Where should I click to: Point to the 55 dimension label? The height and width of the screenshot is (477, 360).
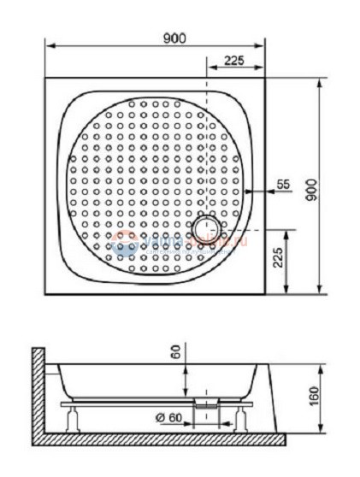click(284, 184)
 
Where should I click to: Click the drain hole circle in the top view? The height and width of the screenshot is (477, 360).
click(206, 228)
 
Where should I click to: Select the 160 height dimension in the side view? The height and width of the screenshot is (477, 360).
click(314, 397)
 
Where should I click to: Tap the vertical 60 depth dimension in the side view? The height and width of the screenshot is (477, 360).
click(174, 351)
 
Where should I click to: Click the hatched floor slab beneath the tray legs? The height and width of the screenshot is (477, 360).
click(162, 439)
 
